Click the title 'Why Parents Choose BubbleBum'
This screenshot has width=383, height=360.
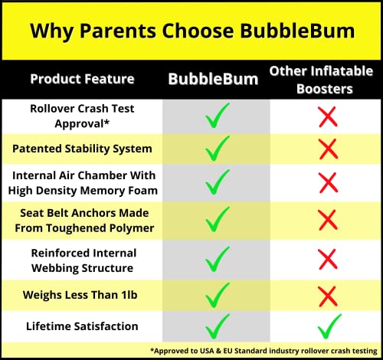point(191,31)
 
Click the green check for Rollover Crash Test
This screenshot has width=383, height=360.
point(218,118)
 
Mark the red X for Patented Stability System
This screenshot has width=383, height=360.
point(328,149)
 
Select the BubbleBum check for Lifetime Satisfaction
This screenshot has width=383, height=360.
point(218,326)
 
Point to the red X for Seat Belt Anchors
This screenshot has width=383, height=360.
point(328,221)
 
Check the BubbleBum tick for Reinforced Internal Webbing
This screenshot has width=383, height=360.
point(218,258)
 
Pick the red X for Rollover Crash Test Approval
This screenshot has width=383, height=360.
point(328,117)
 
